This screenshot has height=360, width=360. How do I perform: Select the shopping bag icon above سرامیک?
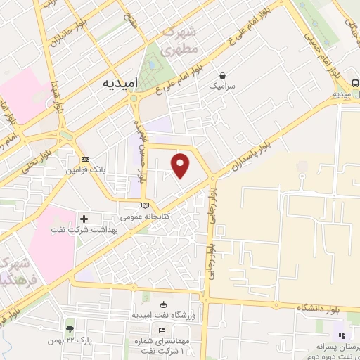(x=223, y=75)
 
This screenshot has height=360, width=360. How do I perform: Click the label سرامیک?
(x=223, y=85)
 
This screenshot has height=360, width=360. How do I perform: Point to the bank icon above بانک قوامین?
(x=85, y=160)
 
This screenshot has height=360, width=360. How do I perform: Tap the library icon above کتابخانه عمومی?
(x=145, y=205)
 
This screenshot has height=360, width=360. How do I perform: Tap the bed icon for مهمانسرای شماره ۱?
(x=163, y=330)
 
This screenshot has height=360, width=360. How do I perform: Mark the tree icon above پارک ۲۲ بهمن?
(x=69, y=328)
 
